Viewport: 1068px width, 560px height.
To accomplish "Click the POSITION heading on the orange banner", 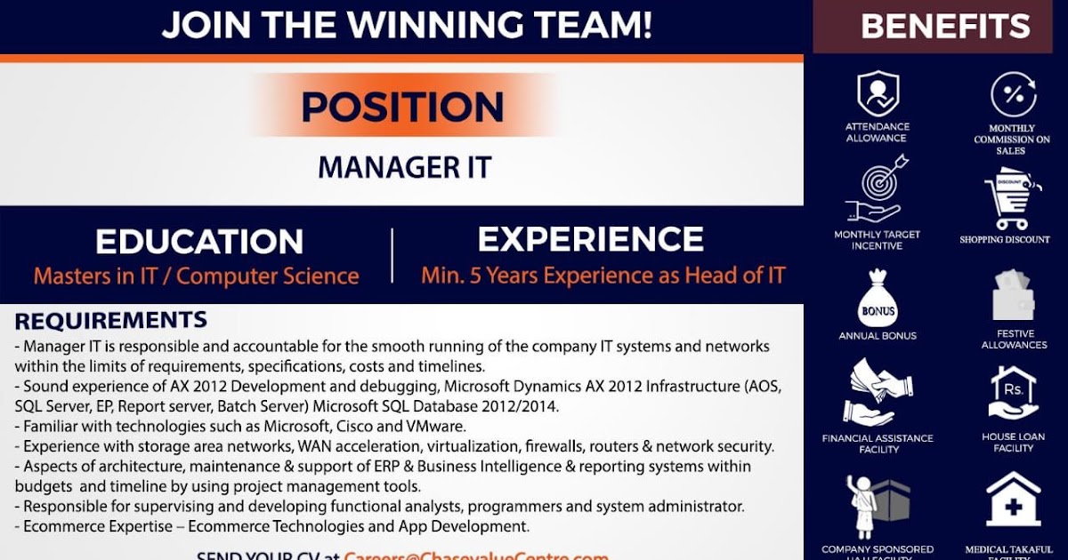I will [402, 108].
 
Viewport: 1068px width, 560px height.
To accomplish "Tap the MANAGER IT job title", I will [404, 167].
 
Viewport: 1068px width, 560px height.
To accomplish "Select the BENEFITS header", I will [944, 27].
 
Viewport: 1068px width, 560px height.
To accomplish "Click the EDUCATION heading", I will [199, 242].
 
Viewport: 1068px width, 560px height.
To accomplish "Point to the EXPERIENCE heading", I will [590, 239].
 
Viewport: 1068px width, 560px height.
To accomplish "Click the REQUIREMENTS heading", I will [111, 320].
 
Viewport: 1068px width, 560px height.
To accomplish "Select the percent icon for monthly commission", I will [1012, 94].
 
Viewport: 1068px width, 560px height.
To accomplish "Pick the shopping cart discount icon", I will [1007, 199].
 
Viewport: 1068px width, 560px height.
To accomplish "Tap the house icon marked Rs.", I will [1013, 392].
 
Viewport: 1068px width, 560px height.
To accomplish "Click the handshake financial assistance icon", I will [878, 394].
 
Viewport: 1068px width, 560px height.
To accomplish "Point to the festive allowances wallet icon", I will [1013, 297].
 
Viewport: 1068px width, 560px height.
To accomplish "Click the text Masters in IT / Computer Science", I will [197, 276].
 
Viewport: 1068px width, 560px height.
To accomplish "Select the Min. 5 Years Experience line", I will [603, 276].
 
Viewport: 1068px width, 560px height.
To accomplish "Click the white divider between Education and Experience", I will [392, 255].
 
